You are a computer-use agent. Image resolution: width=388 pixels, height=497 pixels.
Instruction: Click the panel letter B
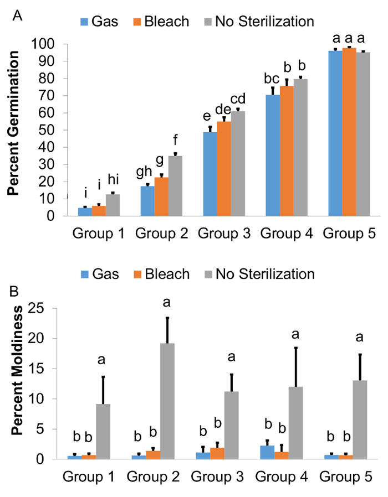[18, 288]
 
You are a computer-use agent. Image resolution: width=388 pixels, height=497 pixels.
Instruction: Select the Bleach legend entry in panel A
[161, 22]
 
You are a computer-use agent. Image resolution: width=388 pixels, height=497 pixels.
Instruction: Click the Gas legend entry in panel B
[100, 274]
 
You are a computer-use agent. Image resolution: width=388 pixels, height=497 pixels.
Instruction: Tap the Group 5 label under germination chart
[349, 234]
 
